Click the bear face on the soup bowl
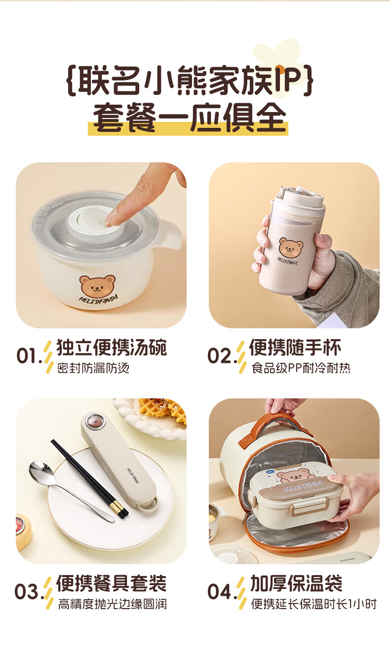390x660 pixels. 97,285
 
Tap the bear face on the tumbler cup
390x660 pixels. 291,247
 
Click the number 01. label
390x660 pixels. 30,355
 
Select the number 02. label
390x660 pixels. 222,355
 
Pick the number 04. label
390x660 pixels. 222,591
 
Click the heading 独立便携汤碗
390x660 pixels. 112,348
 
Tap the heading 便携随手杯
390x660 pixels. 295,348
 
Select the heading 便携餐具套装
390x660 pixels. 112,583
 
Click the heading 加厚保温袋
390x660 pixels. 296,583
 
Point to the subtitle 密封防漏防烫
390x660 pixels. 93,368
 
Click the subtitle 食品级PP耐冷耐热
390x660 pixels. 301,368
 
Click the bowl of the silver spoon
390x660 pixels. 41,471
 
